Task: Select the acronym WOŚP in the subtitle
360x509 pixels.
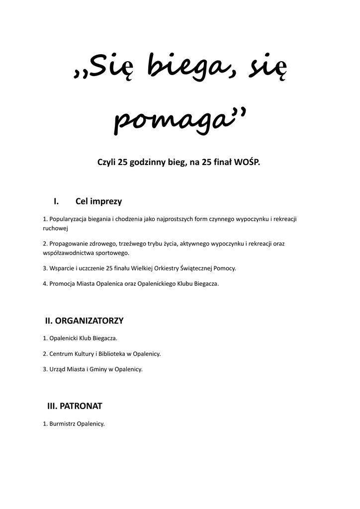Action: (x=247, y=163)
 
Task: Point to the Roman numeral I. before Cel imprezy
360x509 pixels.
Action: (x=56, y=201)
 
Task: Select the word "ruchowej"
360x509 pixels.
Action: (x=55, y=228)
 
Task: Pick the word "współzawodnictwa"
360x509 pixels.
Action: (x=67, y=253)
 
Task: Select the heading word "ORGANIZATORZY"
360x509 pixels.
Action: (x=91, y=321)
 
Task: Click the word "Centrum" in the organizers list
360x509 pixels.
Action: (x=61, y=354)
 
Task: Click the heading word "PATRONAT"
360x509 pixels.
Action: (x=81, y=406)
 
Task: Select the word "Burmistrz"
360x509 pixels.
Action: (x=62, y=424)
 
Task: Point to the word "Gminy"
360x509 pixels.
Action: (x=104, y=369)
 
